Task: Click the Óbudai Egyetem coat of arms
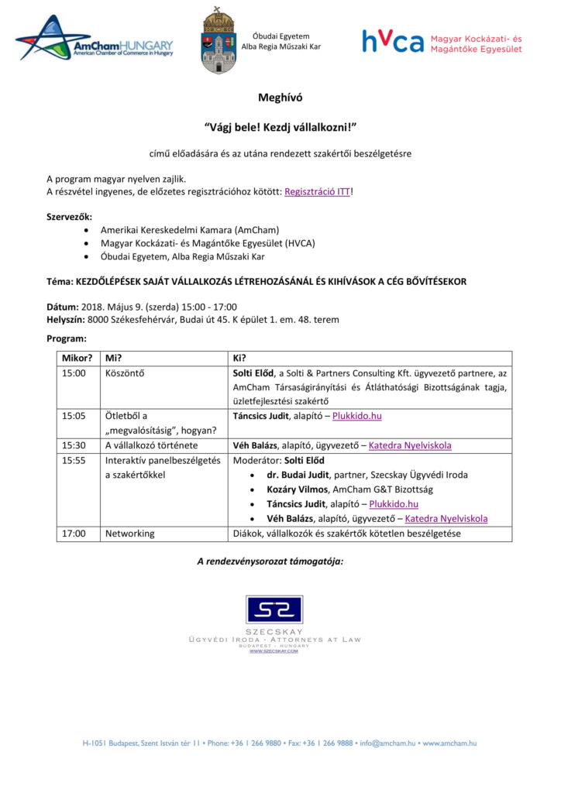pos(219,41)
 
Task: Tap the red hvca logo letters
pos(393,41)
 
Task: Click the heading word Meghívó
pos(280,98)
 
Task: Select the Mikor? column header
pos(77,358)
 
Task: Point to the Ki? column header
pos(239,358)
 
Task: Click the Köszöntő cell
pos(125,372)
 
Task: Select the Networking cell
pos(129,534)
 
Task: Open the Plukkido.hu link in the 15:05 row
pos(356,416)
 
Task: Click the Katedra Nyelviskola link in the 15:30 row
pos(409,445)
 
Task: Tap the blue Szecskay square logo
pos(274,609)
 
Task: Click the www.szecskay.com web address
pos(274,651)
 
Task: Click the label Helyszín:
pos(66,319)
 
